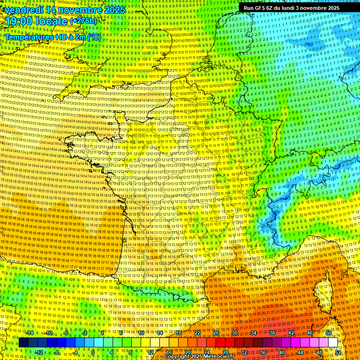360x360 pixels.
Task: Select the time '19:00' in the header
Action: [19, 21]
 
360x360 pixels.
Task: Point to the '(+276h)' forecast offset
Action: [83, 21]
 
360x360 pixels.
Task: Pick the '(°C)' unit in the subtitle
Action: [93, 37]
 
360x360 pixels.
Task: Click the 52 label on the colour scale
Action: [338, 352]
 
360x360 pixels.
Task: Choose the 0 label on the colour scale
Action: [93, 352]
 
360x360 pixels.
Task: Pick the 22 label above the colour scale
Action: [197, 333]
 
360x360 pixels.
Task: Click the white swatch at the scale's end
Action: [333, 343]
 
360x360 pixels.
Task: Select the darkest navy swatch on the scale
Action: [23, 343]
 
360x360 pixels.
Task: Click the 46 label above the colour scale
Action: [310, 333]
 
